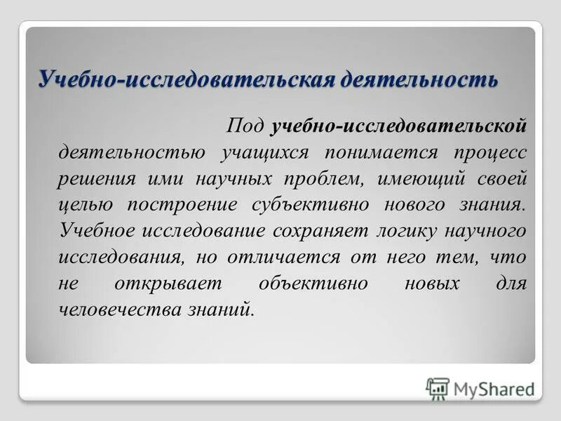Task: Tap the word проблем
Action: [323, 178]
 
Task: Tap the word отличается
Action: [280, 257]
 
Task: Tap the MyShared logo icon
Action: [438, 389]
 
